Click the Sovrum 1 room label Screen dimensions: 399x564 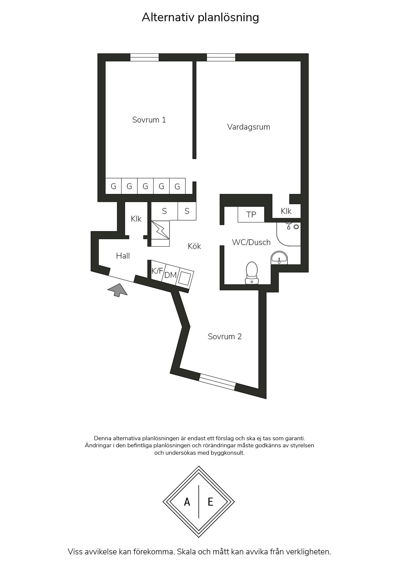(x=149, y=120)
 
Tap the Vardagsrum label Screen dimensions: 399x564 (x=248, y=127)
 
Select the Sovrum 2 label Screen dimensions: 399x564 (x=225, y=337)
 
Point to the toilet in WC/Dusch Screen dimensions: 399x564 (x=252, y=273)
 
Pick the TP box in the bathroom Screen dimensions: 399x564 (x=251, y=214)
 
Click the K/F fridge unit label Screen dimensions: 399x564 (x=157, y=271)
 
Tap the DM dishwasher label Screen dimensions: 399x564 (x=171, y=275)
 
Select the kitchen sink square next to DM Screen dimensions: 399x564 (x=185, y=278)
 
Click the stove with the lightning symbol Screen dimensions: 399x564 (x=160, y=230)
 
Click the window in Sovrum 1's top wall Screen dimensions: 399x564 (x=144, y=58)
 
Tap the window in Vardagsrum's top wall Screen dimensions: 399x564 (x=221, y=58)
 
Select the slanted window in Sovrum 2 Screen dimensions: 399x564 (x=217, y=382)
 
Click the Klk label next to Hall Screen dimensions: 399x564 (x=136, y=219)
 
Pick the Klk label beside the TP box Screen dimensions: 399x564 (x=286, y=211)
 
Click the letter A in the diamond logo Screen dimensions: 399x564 (x=187, y=502)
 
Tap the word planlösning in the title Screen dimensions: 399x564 (x=228, y=18)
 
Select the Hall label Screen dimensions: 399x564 (x=123, y=256)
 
